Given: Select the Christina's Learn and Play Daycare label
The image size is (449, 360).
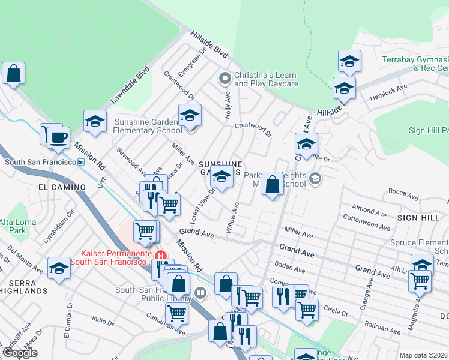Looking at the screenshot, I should (x=265, y=79).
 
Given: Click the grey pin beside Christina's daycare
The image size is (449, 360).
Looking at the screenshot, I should (x=225, y=78).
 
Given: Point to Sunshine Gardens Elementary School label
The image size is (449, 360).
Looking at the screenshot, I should (x=148, y=126).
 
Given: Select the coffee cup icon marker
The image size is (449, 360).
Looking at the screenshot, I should (x=58, y=137).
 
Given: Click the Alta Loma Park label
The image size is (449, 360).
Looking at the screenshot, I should (x=13, y=226).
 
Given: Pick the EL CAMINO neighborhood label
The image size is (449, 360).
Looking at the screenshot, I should (x=62, y=187).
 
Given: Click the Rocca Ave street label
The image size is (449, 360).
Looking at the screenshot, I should (x=404, y=192).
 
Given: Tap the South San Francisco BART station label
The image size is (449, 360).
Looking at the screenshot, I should (x=42, y=162).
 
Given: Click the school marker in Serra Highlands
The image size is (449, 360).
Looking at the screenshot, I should (x=59, y=269).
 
